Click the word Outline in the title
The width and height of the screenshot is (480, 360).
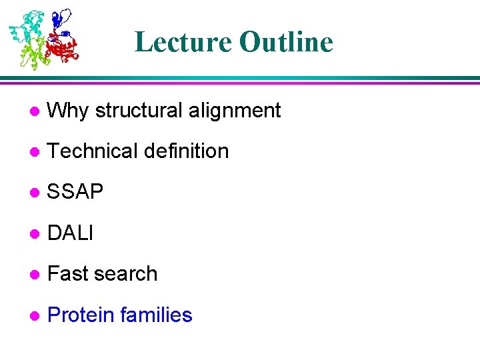pos(286,42)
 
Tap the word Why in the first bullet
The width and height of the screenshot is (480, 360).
pos(69,111)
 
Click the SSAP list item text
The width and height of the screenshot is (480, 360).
pos(75,193)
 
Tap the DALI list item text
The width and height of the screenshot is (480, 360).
pos(71,233)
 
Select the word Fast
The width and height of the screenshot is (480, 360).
pos(69,274)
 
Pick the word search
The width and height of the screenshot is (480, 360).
pos(127,274)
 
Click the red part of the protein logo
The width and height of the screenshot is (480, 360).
pos(63,48)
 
